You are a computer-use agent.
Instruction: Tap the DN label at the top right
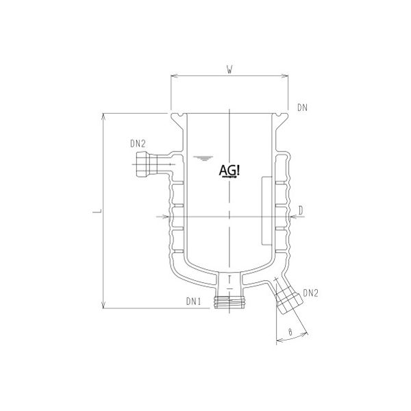coord(303,108)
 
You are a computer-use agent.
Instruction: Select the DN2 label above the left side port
coord(138,144)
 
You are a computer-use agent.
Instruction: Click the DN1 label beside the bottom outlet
coord(195,301)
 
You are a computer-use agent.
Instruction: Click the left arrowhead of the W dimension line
coord(172,77)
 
